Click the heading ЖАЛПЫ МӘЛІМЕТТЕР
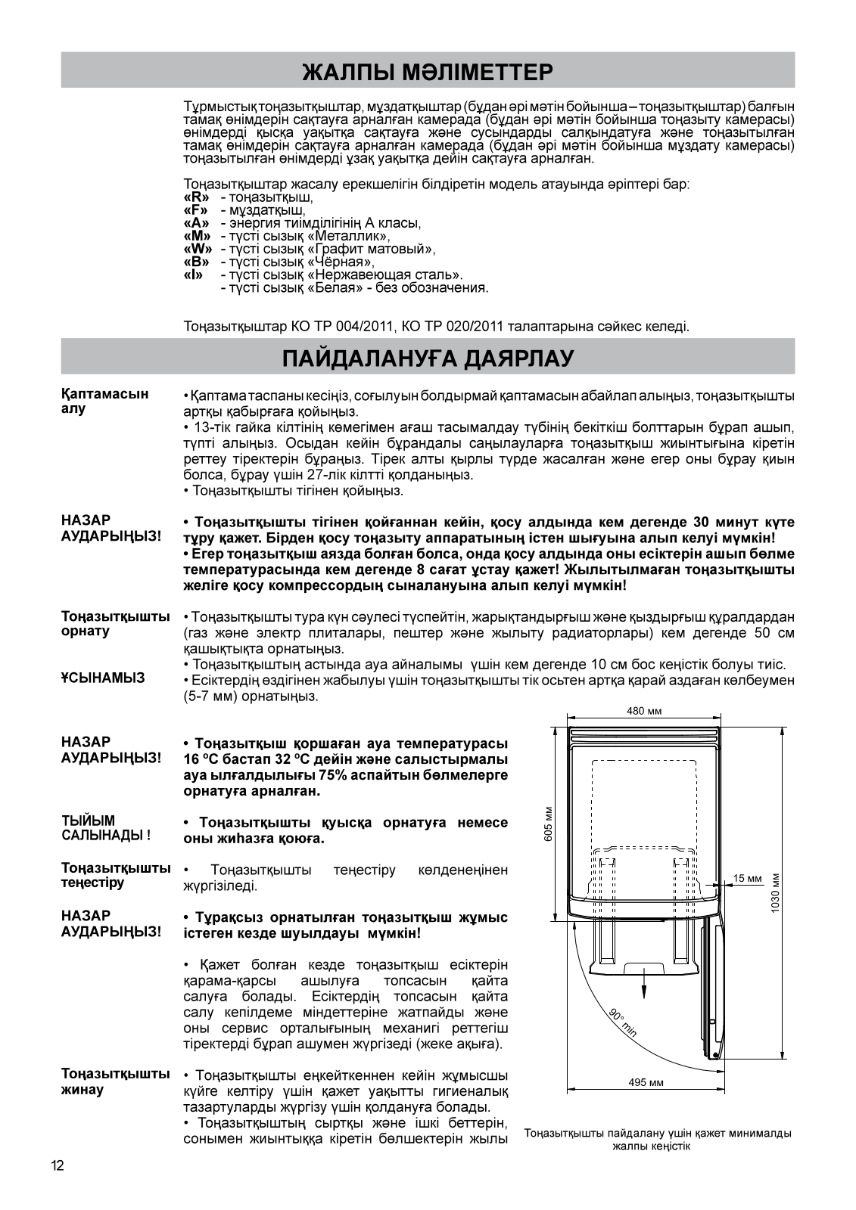point(428,73)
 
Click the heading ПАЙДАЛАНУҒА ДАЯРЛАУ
point(428,358)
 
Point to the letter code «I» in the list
point(192,275)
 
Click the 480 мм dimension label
point(644,712)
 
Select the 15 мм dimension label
point(747,878)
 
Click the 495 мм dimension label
point(646,1083)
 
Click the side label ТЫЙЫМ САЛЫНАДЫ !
point(105,828)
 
